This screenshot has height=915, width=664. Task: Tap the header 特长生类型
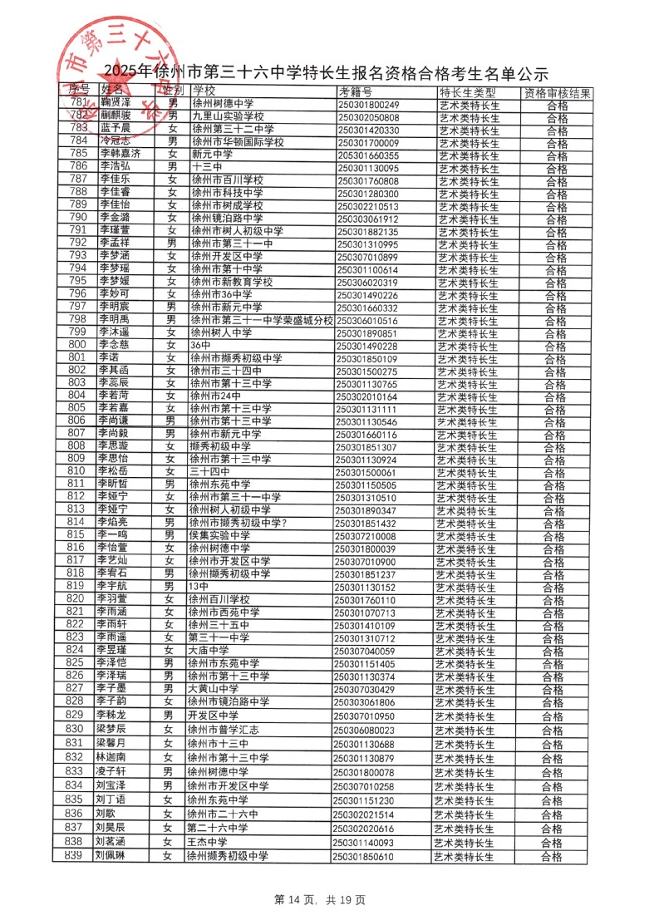point(466,91)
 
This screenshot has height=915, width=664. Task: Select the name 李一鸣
point(111,534)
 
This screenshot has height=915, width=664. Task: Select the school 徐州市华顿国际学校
point(238,142)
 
